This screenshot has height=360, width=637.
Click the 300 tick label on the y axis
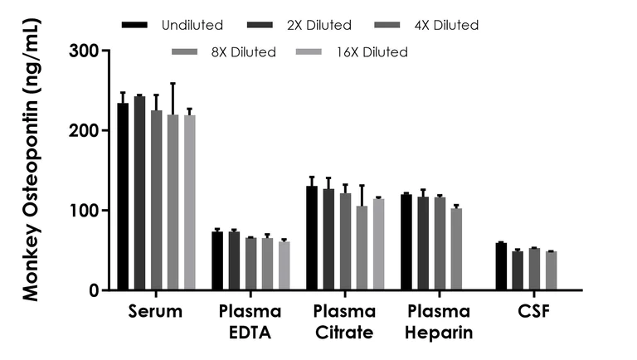coord(86,51)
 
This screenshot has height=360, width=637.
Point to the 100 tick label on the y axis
coord(86,211)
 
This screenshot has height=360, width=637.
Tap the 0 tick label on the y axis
coord(95,290)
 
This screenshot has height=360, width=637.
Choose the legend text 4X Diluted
coord(445,26)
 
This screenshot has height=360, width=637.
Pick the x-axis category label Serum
coord(155,312)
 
